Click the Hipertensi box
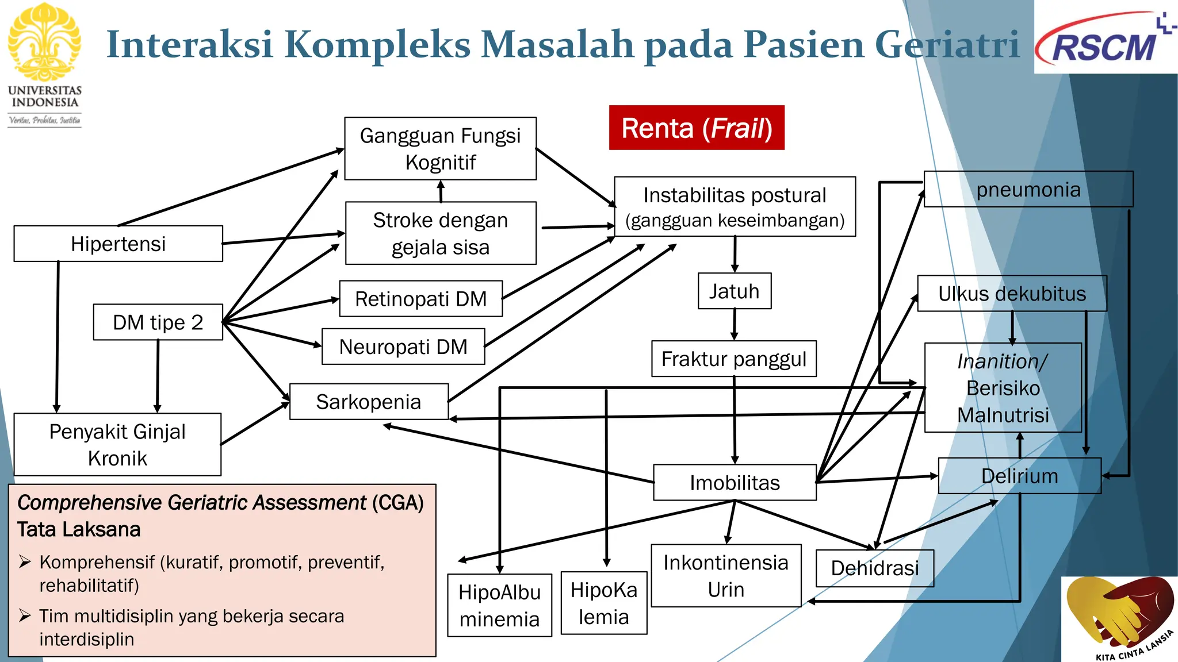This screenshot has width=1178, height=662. (118, 244)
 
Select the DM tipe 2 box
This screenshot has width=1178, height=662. (158, 322)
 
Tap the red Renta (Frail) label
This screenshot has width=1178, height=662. (697, 128)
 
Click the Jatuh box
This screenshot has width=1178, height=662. (734, 291)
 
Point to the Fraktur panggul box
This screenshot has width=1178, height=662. (733, 359)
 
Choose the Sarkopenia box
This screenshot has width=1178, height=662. (368, 402)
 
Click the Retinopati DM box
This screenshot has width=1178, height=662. (420, 299)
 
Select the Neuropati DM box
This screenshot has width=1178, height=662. (403, 347)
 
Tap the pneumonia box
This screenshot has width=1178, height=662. (1028, 190)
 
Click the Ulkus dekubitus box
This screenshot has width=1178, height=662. (1011, 294)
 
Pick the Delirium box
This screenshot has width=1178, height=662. (1019, 476)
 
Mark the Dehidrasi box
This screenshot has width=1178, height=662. (874, 568)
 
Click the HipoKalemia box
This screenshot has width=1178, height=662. (603, 603)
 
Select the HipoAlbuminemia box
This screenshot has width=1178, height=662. (499, 606)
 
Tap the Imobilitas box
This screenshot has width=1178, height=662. (735, 483)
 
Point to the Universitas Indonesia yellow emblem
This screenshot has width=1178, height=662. (44, 41)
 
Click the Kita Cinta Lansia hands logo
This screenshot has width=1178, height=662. (1119, 618)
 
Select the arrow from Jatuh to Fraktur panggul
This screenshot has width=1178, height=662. (735, 325)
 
